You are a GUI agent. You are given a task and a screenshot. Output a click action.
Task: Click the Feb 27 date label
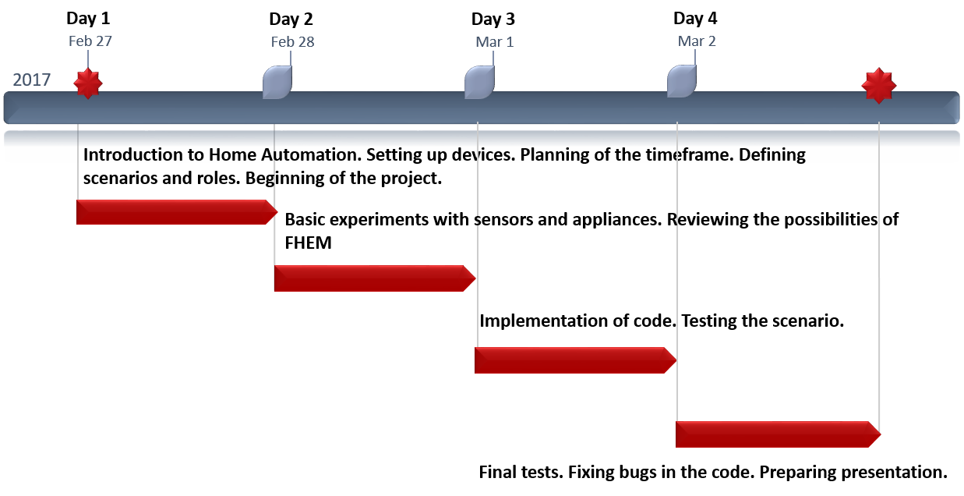click(90, 41)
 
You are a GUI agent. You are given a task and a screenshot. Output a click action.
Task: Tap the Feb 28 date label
click(292, 42)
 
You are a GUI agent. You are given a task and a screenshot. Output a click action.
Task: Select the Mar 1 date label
click(494, 42)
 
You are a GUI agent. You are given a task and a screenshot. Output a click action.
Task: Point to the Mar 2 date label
click(697, 41)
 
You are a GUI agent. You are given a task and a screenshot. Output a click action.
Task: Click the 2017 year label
click(32, 80)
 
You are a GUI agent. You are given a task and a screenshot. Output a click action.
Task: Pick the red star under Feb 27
click(88, 83)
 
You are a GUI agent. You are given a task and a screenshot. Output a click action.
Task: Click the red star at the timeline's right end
click(879, 85)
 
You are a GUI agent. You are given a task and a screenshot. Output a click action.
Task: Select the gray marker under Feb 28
click(277, 83)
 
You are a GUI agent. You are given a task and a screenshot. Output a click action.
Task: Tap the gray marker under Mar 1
click(479, 83)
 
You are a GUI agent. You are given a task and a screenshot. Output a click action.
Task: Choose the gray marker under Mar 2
click(681, 82)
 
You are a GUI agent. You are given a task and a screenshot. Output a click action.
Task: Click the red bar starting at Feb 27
click(171, 212)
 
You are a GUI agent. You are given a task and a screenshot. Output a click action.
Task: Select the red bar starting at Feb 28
click(369, 278)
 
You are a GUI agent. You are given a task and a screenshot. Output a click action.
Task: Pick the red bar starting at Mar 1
click(570, 360)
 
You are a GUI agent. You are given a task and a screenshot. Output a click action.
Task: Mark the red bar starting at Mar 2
click(772, 434)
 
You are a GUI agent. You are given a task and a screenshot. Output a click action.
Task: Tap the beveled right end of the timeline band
click(953, 108)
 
